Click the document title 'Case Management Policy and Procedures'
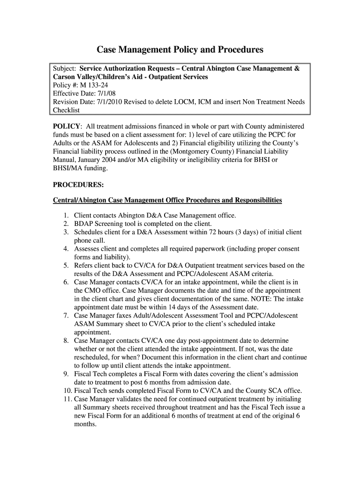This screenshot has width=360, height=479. pyautogui.click(x=180, y=50)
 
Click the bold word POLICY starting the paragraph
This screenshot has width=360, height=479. pyautogui.click(x=67, y=127)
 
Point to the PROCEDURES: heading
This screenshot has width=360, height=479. pyautogui.click(x=78, y=185)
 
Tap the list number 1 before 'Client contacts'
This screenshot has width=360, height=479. pyautogui.click(x=66, y=216)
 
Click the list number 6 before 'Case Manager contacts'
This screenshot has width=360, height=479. pyautogui.click(x=66, y=283)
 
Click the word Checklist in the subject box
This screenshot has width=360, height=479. pyautogui.click(x=66, y=110)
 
